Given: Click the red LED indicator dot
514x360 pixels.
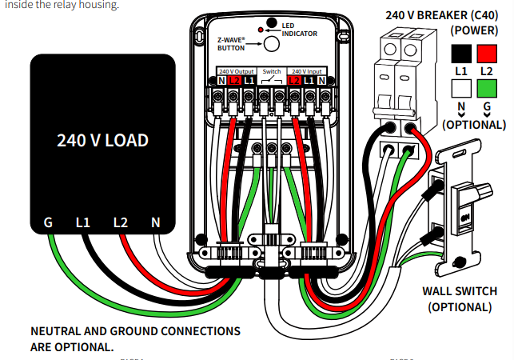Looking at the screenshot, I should click(262, 29).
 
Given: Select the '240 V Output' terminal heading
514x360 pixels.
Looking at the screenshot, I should click(236, 71).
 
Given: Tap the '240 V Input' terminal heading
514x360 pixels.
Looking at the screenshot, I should click(308, 71).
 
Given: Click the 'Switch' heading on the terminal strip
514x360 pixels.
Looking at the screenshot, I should click(272, 71).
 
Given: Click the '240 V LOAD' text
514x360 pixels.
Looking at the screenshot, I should click(102, 140).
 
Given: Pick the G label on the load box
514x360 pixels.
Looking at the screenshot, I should click(48, 222).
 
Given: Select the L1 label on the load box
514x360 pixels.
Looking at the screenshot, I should click(83, 222).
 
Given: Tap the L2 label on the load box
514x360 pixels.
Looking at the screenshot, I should click(120, 222).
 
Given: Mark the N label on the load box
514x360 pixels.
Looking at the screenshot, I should click(156, 222).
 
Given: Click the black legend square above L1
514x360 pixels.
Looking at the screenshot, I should click(461, 54).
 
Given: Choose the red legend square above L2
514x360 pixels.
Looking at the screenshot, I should click(488, 54).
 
